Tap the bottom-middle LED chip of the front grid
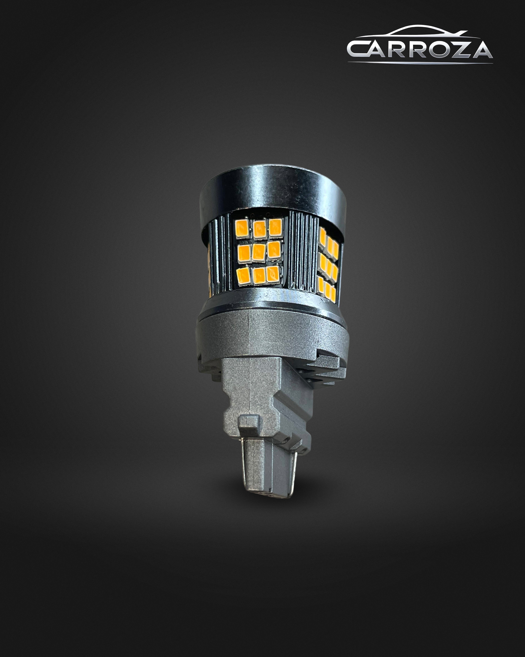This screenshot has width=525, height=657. point(259,276)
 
